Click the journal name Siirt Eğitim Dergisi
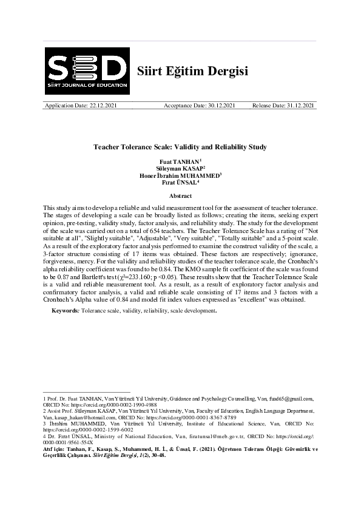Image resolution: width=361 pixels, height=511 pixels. click(x=194, y=70)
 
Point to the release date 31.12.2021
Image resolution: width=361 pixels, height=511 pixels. click(x=300, y=106)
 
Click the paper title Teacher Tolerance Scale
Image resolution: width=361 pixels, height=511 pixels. click(x=180, y=147)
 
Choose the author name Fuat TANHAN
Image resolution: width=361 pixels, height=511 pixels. click(x=179, y=161)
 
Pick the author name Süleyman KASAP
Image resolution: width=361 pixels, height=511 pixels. click(x=179, y=168)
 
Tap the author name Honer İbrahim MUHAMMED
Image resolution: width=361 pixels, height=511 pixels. click(x=179, y=175)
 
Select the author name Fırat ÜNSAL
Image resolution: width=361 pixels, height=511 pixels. click(x=179, y=182)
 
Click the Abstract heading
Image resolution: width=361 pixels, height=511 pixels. click(x=180, y=196)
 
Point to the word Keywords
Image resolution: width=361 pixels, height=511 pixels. click(x=65, y=310)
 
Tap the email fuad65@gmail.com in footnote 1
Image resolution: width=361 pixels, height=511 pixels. click(x=294, y=399)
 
